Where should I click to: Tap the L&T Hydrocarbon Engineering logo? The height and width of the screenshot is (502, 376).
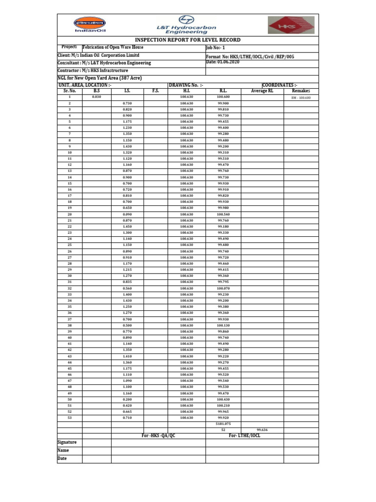[x=187, y=25]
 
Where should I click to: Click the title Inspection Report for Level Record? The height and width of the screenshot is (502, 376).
[x=188, y=40]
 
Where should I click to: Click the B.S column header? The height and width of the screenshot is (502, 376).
[x=96, y=91]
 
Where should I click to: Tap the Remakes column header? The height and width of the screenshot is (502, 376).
[x=301, y=91]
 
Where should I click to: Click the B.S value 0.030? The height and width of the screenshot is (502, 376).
[x=96, y=97]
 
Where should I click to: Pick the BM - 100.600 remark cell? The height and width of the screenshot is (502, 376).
[x=301, y=98]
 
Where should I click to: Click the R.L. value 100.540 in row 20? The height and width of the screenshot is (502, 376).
[x=223, y=214]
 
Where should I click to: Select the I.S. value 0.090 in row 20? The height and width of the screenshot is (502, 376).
[x=127, y=214]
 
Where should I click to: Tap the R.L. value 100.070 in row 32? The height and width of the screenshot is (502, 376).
[x=223, y=288]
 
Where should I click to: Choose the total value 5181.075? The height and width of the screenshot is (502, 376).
[x=223, y=424]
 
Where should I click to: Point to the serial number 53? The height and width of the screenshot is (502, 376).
[x=70, y=418]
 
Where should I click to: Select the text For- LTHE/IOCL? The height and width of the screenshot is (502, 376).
[x=245, y=436]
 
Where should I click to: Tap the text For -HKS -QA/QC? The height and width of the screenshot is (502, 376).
[x=158, y=436]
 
